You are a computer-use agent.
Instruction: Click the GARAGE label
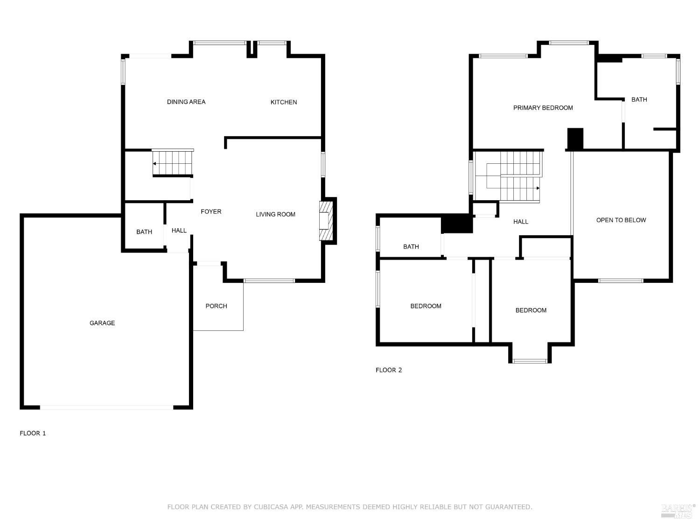102,323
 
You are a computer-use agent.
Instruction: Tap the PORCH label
216,306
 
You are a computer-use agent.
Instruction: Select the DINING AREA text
186,102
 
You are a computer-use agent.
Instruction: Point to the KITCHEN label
284,102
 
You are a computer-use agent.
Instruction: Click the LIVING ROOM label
275,214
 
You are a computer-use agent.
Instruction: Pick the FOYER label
211,211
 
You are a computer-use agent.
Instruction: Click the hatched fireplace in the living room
326,221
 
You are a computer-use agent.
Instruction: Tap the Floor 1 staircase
173,163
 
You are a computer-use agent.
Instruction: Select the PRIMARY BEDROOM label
543,108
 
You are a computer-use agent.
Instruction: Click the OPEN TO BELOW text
621,220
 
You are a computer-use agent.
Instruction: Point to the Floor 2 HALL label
520,222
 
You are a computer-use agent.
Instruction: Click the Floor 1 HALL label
179,230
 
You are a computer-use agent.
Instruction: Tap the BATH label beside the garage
144,232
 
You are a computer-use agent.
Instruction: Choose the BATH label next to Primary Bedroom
639,99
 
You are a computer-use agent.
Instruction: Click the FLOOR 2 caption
388,370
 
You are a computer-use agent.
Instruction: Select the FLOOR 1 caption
33,433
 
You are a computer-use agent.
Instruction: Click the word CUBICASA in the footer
271,506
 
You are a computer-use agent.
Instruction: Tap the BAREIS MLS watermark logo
678,511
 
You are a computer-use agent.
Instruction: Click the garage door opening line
106,407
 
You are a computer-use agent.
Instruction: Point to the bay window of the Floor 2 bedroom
530,361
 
